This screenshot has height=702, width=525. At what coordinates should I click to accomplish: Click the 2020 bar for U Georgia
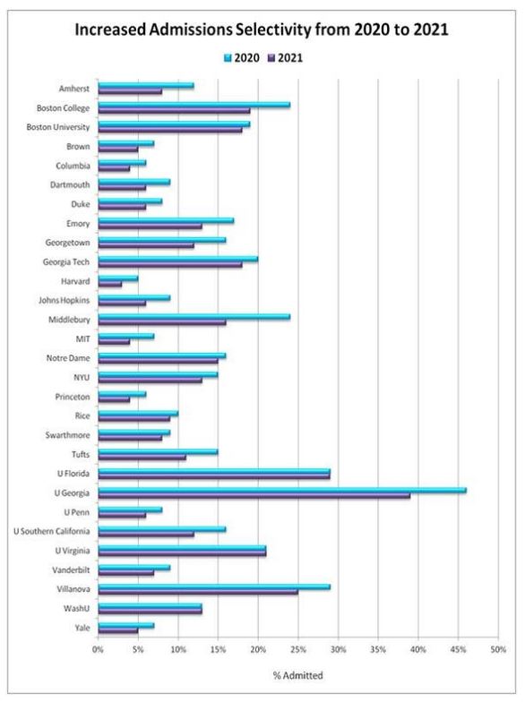(282, 491)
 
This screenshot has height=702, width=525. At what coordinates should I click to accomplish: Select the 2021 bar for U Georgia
(254, 496)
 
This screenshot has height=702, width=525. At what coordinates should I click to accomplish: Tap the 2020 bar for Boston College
(194, 105)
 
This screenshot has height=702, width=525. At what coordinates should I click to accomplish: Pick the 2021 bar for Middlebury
(161, 322)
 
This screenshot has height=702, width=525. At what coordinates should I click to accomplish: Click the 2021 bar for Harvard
(109, 284)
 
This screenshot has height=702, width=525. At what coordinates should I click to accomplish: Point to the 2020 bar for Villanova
(214, 586)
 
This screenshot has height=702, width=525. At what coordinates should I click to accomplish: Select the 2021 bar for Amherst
(130, 91)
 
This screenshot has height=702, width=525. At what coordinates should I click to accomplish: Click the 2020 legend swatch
(228, 58)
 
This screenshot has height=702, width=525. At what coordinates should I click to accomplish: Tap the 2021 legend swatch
(271, 58)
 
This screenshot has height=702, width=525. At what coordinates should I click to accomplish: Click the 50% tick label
(498, 649)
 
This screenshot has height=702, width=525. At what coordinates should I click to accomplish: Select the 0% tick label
(98, 649)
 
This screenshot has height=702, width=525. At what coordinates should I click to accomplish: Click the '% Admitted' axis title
(297, 675)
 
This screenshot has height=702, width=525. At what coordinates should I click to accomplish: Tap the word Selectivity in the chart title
(273, 30)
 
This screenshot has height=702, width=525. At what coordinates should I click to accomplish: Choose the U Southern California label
(52, 532)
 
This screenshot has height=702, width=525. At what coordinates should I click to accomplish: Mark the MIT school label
(82, 338)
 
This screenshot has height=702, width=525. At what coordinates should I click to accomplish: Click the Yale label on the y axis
(82, 628)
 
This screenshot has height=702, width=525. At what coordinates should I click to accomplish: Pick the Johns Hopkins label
(65, 301)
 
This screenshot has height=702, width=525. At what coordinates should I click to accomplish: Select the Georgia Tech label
(66, 262)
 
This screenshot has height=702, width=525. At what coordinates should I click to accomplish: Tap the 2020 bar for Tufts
(158, 451)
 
